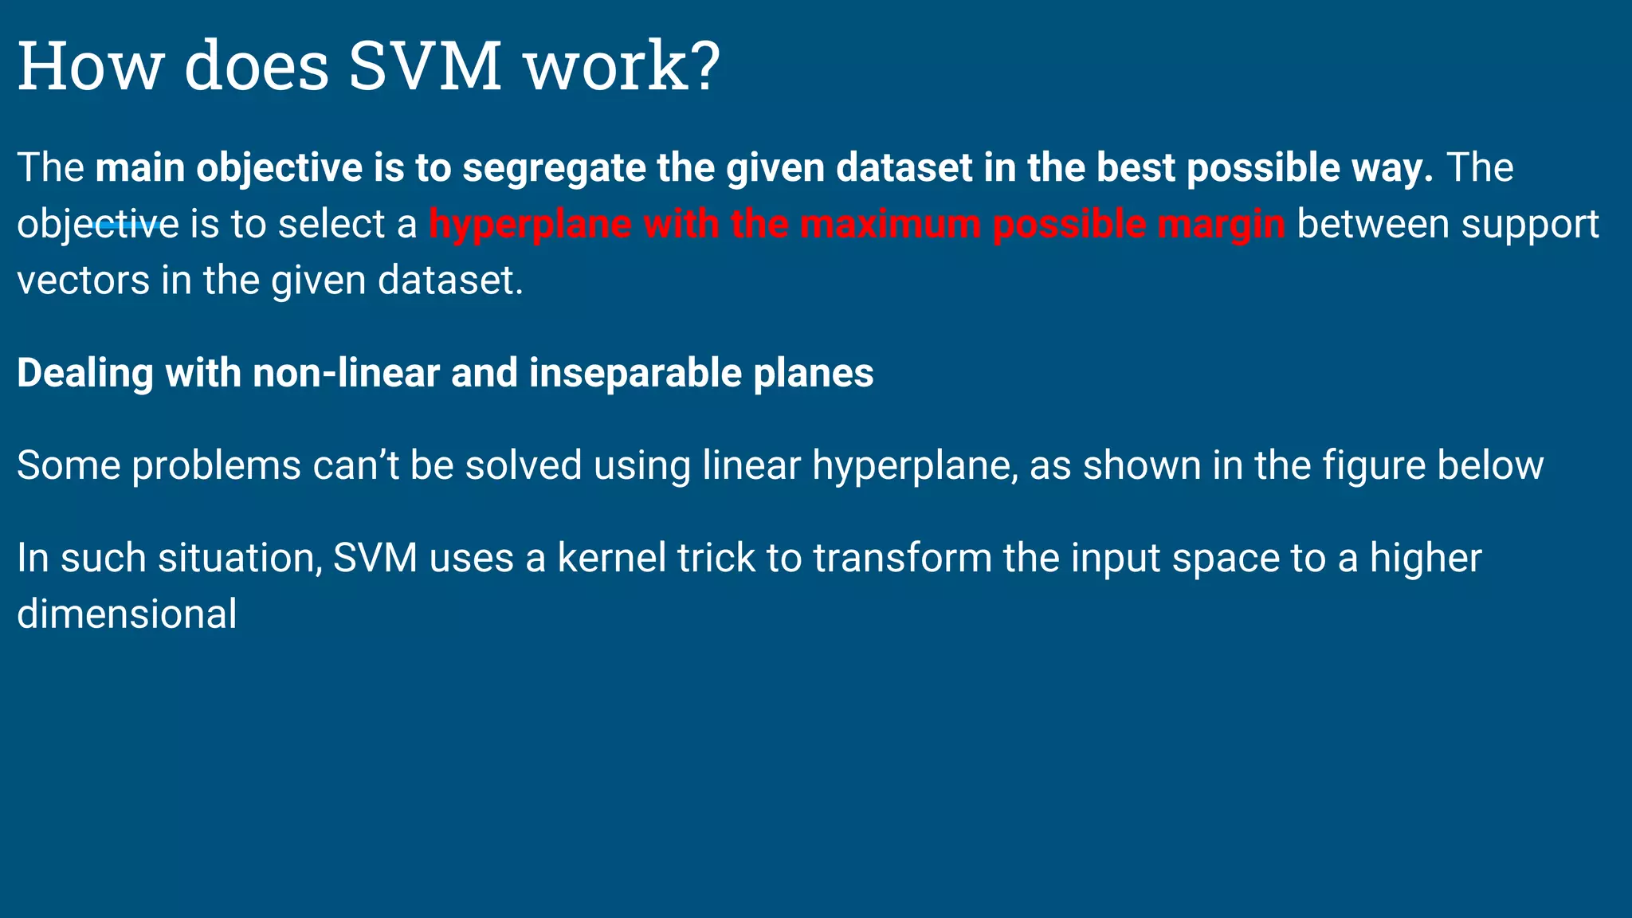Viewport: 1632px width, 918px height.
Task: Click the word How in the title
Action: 89,65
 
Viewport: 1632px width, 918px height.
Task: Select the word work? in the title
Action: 622,65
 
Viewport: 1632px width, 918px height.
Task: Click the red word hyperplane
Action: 530,225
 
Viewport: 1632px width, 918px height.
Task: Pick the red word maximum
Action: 890,225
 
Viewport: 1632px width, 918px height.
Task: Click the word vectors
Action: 83,281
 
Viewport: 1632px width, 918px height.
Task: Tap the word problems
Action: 216,466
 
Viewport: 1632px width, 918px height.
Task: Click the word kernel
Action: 611,558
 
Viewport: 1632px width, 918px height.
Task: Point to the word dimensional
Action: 127,614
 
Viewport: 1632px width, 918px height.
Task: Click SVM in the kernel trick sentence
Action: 375,558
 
